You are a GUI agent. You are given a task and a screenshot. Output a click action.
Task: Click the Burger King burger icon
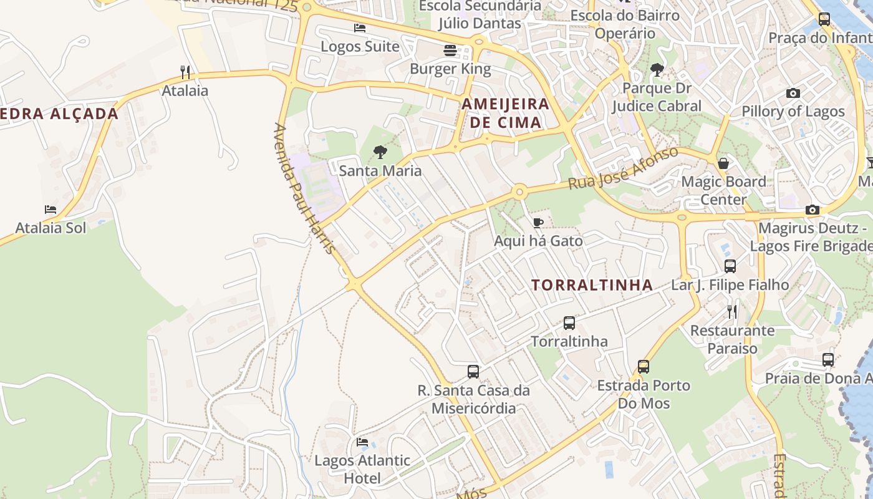pyautogui.click(x=450, y=51)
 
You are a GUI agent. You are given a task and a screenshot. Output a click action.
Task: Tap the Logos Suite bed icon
pyautogui.click(x=360, y=28)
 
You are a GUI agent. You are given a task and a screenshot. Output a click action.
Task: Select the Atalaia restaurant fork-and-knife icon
pyautogui.click(x=185, y=72)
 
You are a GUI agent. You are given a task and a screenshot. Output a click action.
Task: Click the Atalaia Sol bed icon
pyautogui.click(x=51, y=210)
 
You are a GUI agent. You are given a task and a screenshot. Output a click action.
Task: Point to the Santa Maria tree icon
pyautogui.click(x=380, y=152)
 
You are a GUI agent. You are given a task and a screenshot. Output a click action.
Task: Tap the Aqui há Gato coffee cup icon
pyautogui.click(x=538, y=223)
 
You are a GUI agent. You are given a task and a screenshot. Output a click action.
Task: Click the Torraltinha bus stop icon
pyautogui.click(x=569, y=323)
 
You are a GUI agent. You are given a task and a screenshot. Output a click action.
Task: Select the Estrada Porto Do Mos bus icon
pyautogui.click(x=643, y=367)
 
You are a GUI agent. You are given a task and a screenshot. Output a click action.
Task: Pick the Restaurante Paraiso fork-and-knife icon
pyautogui.click(x=732, y=311)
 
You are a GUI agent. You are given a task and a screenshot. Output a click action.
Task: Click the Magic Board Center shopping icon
pyautogui.click(x=723, y=163)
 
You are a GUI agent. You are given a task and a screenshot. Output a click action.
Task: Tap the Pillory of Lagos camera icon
pyautogui.click(x=793, y=94)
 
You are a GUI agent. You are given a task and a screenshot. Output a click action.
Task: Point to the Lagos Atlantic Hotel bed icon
pyautogui.click(x=362, y=442)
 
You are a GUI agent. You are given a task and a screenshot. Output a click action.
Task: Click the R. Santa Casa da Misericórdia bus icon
pyautogui.click(x=473, y=372)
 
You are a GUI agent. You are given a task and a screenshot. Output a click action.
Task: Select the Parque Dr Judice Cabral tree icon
pyautogui.click(x=657, y=70)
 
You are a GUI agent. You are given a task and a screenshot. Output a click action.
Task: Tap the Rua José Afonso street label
pyautogui.click(x=623, y=168)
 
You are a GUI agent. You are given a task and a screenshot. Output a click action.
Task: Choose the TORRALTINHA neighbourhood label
pyautogui.click(x=592, y=286)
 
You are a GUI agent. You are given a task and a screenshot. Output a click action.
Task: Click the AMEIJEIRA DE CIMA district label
pyautogui.click(x=506, y=113)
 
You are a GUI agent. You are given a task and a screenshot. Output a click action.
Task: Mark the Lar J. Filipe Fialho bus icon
pyautogui.click(x=730, y=266)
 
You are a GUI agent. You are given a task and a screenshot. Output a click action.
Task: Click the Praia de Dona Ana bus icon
pyautogui.click(x=827, y=360)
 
